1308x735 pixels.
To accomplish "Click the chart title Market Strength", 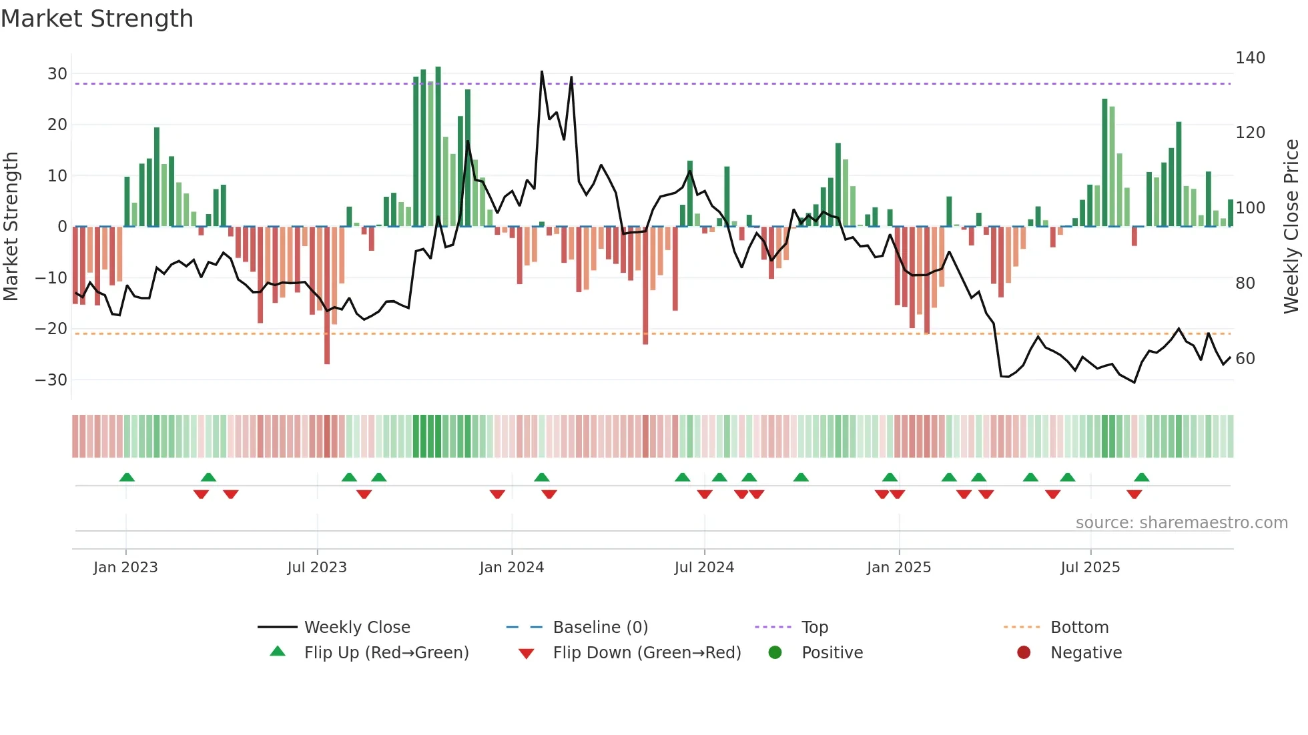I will [97, 19].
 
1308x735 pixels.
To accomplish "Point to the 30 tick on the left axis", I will [57, 74].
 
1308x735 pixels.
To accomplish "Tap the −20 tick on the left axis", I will [51, 329].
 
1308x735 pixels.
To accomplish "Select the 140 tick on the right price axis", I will [1250, 58].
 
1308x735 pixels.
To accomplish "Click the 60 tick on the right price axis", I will [1245, 359].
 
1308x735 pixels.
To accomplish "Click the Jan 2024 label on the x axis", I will [512, 568].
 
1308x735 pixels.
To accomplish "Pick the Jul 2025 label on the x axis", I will [1090, 568].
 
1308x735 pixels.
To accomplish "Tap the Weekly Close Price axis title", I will [1292, 227].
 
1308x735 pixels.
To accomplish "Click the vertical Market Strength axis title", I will [11, 227].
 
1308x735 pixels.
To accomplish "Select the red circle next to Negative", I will [1024, 653].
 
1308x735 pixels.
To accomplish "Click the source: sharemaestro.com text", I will [1181, 523].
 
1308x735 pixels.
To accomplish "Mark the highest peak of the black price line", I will [542, 71].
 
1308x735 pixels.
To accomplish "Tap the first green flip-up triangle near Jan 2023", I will [127, 477].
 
